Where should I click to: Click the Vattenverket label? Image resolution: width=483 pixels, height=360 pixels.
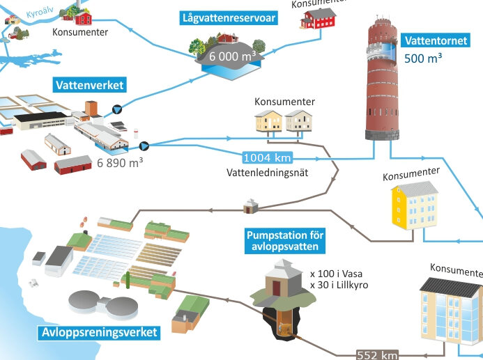pos(90,85)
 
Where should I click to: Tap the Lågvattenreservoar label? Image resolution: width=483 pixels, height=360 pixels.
pos(229,18)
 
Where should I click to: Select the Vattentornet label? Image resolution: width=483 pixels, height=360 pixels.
pos(436,40)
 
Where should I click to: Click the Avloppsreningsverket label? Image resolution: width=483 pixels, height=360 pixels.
pos(99,332)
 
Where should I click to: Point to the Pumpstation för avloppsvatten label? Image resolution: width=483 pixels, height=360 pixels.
pos(285,241)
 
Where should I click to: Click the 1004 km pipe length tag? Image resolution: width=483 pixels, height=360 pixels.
pos(267,158)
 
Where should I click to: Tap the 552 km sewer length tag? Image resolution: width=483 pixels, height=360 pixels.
pos(377,355)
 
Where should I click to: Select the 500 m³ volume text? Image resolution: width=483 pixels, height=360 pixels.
pos(423,58)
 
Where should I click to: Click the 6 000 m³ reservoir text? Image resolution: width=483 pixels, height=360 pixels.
pos(232,56)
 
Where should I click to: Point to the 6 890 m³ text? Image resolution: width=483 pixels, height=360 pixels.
pos(120,162)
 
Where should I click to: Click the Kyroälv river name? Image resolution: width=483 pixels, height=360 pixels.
pos(40,13)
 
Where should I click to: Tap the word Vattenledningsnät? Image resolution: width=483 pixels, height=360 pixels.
pos(268,173)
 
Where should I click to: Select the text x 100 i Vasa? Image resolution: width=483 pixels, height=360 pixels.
pos(337,274)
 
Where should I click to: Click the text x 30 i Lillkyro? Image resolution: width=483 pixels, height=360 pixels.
pos(339,285)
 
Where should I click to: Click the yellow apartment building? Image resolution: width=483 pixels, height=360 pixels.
pos(415,205)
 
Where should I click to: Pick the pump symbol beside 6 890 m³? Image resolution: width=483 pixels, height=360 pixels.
pos(144,146)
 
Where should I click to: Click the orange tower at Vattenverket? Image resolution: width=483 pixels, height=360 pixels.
pos(91,109)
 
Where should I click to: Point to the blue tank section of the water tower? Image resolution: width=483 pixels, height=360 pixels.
pos(387,52)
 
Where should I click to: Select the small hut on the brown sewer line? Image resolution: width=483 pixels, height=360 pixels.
pos(251,207)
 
